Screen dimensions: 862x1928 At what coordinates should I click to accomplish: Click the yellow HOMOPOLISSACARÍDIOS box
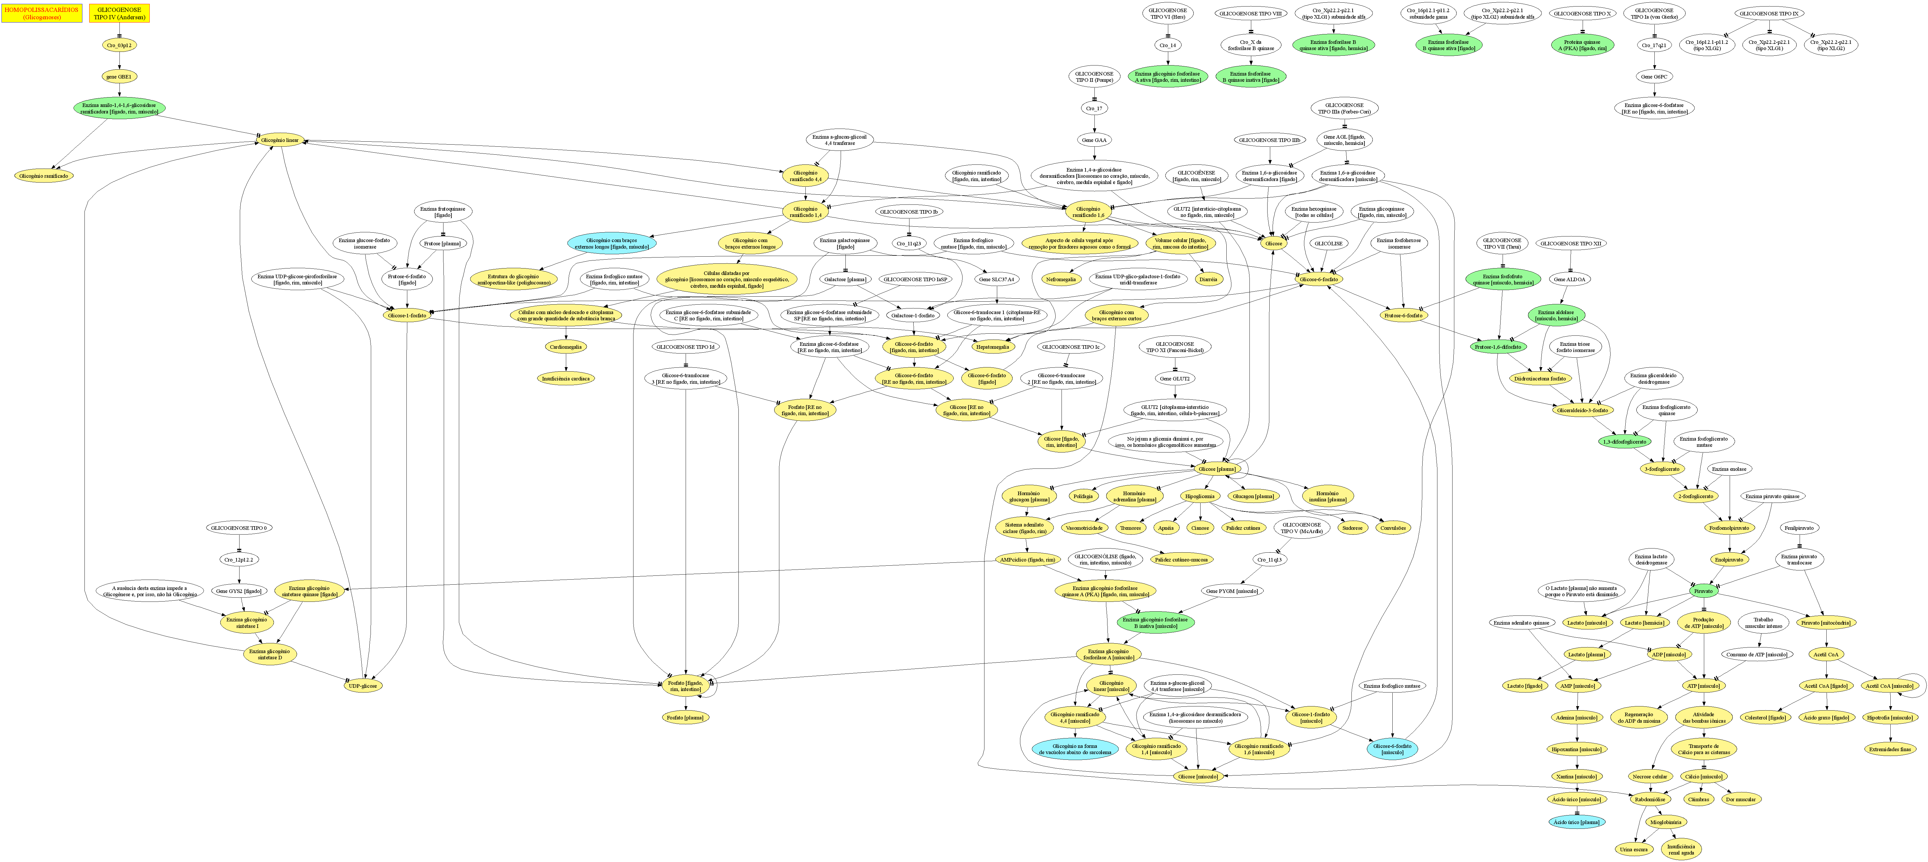[42, 13]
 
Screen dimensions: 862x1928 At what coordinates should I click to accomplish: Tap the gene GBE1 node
[120, 76]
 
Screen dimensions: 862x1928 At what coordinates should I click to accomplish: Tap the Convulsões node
[1392, 527]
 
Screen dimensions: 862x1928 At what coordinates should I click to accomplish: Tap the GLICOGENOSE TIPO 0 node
[240, 527]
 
